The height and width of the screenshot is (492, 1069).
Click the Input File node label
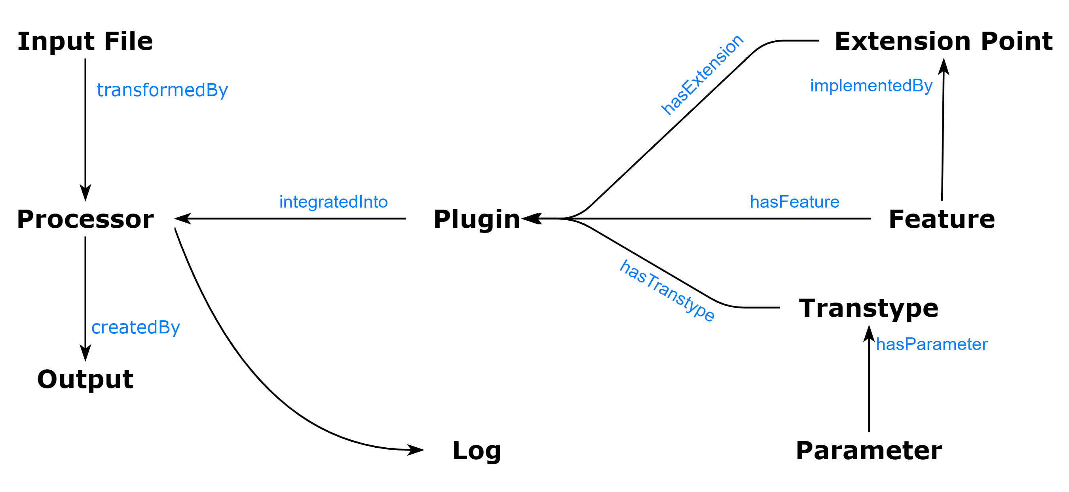pos(85,41)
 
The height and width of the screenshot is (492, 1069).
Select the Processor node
pos(85,219)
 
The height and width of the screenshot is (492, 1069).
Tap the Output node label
pos(85,379)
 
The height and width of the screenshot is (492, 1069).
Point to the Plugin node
pos(477,219)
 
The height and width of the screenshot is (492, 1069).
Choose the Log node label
pos(477,450)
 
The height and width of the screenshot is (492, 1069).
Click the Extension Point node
pos(943,41)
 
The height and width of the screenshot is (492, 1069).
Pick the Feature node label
pos(942,219)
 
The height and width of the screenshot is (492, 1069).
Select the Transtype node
pos(869,308)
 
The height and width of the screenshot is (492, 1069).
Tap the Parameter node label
pos(869,450)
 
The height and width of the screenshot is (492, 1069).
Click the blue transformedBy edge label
pos(162,90)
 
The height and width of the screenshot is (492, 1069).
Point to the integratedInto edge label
pos(333,202)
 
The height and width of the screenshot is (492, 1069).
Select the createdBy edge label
pos(136,327)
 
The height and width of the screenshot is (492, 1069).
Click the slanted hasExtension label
pos(702,75)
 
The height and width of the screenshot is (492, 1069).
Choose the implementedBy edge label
pos(871,86)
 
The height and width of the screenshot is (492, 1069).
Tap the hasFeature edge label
pos(794,202)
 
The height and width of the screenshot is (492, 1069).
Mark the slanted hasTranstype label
pos(667,290)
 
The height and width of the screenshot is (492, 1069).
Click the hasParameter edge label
pos(932,344)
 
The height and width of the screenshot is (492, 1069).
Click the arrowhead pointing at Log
pos(416,450)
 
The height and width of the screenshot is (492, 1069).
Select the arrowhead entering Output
pos(85,354)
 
